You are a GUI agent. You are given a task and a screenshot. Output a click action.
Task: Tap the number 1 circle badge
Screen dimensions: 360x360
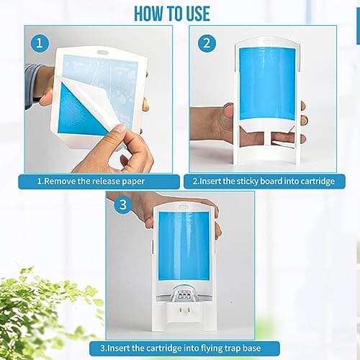[x=40, y=42]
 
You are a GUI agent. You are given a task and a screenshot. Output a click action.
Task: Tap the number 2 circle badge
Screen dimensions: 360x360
[x=206, y=42]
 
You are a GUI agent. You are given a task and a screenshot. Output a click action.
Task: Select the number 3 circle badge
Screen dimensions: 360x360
[x=122, y=205]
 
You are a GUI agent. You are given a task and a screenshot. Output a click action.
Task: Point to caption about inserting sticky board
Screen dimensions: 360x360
[x=264, y=181]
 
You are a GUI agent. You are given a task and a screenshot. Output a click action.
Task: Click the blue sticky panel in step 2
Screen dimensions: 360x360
[x=265, y=83]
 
